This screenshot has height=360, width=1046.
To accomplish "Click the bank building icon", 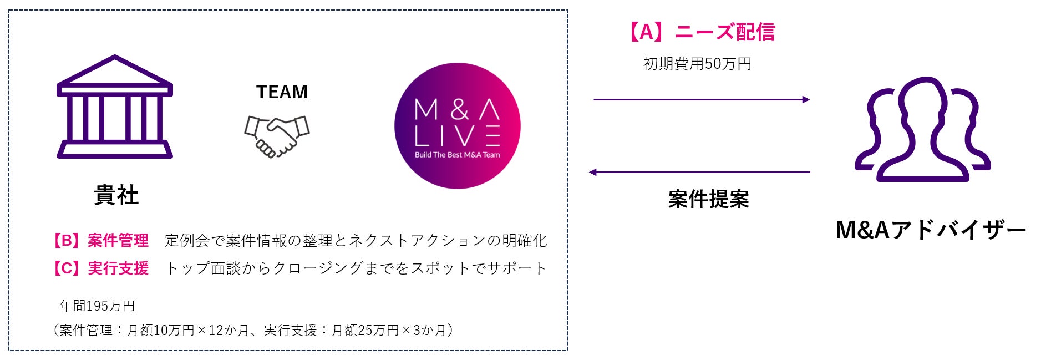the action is [115, 107].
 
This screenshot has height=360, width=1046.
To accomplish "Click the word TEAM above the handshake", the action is [282, 92].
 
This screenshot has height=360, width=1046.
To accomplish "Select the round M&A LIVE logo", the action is [457, 126].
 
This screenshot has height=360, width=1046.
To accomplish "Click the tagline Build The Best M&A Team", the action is [457, 155].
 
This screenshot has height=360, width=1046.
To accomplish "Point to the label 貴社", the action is [116, 195].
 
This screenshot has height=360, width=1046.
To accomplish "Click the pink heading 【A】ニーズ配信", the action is [700, 32].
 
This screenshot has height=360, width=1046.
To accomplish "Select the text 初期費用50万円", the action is [697, 64].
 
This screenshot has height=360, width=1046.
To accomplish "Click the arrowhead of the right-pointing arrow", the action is [806, 100].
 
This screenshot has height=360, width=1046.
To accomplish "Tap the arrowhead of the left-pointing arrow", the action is [593, 173].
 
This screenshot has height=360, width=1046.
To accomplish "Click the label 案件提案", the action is [708, 199].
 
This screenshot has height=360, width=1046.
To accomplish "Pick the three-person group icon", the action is [922, 130].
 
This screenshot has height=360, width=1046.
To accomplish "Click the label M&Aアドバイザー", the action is [930, 230].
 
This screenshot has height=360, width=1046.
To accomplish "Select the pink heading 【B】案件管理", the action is [99, 241].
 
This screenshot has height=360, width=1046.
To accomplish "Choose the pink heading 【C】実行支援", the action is [99, 268].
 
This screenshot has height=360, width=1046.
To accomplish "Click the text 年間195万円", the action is [97, 306].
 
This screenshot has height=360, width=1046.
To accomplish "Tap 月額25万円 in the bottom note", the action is [365, 331].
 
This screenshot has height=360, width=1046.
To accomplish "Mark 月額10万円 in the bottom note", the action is [161, 331].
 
